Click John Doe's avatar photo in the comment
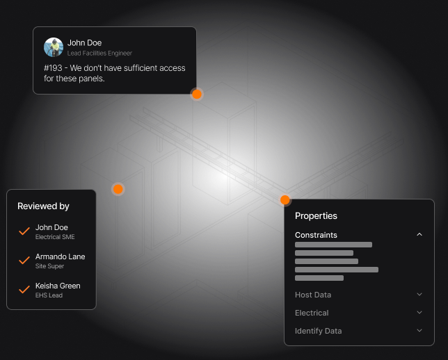pos(54,47)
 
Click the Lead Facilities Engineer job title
pos(99,54)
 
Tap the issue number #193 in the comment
pos(54,68)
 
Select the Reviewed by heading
pos(43,206)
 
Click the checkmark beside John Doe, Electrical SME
pos(24,231)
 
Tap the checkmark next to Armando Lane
pos(24,260)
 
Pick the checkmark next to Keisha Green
pos(24,289)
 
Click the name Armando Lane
pos(60,256)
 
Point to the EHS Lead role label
pos(49,295)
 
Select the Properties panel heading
pos(316,216)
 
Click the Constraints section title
pos(316,235)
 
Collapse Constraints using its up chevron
pos(419,235)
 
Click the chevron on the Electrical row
pos(419,313)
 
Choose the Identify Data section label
pos(318,331)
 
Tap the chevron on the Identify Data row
pos(419,331)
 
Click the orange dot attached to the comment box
pos(197,94)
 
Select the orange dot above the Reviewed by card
pos(118,189)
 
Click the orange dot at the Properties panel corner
pos(285,200)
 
